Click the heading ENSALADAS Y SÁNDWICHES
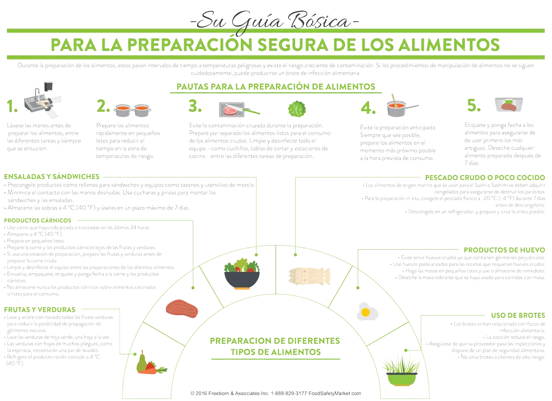[x=52, y=176]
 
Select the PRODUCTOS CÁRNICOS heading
[x=38, y=220]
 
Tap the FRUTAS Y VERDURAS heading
[x=40, y=309]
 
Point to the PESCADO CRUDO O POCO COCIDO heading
[x=485, y=177]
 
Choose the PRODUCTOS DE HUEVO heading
[x=504, y=250]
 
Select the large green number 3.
[x=195, y=106]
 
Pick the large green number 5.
[x=474, y=105]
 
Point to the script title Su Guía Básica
[x=275, y=22]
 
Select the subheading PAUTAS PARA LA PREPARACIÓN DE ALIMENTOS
[x=276, y=87]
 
